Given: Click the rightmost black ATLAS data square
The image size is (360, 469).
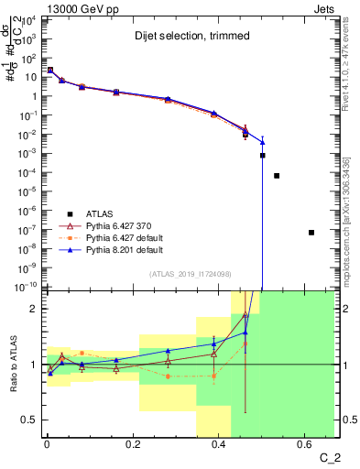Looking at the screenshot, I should click(311, 233).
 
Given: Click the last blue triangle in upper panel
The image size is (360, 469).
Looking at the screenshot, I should click(263, 142).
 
